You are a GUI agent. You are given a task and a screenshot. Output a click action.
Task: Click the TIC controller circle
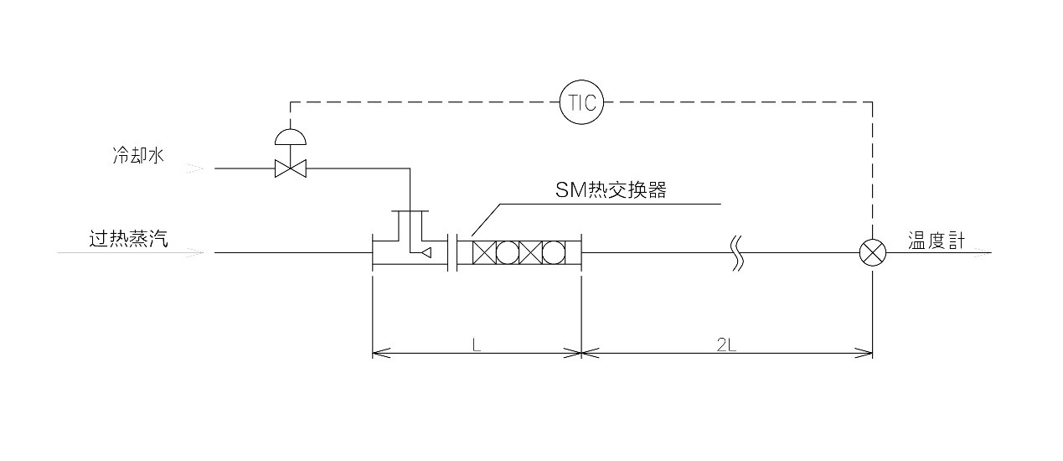point(582,102)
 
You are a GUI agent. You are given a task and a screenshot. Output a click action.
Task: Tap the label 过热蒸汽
point(129,239)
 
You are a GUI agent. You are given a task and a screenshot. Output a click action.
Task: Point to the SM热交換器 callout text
point(611,190)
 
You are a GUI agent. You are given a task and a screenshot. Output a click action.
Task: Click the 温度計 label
point(937,241)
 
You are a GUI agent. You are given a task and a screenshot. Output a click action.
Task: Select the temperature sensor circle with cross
point(873,252)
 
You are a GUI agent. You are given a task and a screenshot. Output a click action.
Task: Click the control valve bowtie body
point(291,169)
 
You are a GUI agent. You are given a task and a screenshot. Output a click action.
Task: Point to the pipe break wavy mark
point(736,252)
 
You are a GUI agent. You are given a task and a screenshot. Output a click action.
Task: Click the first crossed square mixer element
point(484,252)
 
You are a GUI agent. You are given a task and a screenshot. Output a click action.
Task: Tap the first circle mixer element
point(508,252)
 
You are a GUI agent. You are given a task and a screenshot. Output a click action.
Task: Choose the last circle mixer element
point(554,252)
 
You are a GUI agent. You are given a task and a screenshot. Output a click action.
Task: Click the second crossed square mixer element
point(530,252)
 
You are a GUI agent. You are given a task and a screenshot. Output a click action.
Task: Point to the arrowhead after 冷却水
point(194,169)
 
